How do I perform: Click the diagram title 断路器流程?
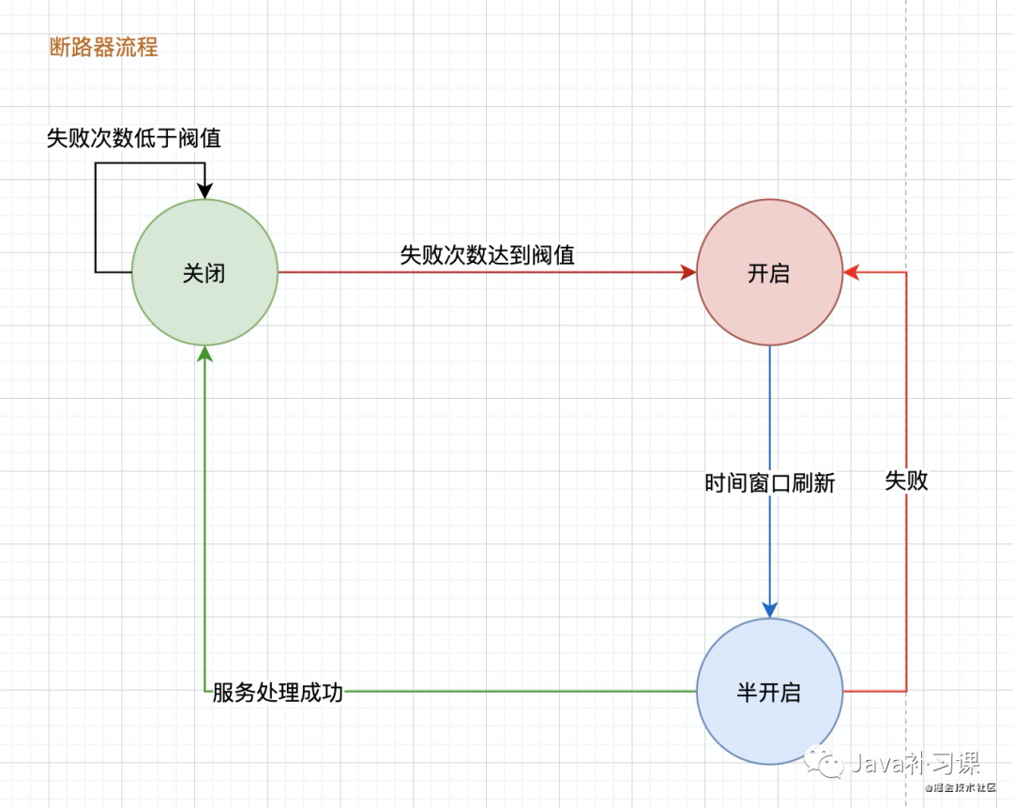[103, 47]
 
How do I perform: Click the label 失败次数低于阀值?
[134, 138]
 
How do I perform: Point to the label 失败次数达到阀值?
[487, 254]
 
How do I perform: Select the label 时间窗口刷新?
[769, 483]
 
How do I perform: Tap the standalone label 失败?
[906, 480]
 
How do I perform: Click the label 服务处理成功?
[278, 694]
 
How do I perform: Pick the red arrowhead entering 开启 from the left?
[688, 272]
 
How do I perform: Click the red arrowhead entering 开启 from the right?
[851, 272]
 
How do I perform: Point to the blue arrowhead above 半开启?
[770, 609]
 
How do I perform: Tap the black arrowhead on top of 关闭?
[204, 191]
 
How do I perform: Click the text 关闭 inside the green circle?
[204, 274]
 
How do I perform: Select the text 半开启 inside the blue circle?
[769, 694]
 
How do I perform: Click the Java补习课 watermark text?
[915, 763]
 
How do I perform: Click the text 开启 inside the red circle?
[769, 274]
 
